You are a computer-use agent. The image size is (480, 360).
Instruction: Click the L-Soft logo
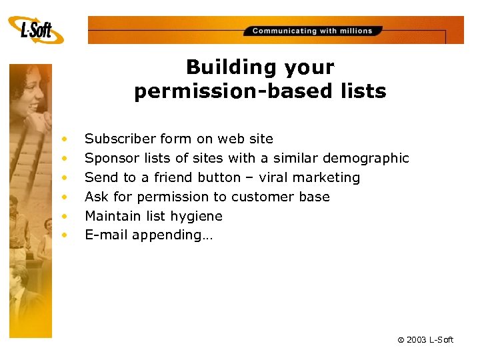(x=36, y=30)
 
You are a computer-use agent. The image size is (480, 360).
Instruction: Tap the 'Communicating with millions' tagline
(x=313, y=31)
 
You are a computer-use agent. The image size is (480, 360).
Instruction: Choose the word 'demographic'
(x=365, y=158)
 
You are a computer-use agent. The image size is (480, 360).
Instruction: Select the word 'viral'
(x=273, y=177)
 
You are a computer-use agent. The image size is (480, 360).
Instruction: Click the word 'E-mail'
(x=106, y=235)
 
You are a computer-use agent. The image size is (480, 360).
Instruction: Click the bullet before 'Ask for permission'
(x=65, y=197)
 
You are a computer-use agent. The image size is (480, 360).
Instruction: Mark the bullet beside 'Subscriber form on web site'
(x=65, y=139)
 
